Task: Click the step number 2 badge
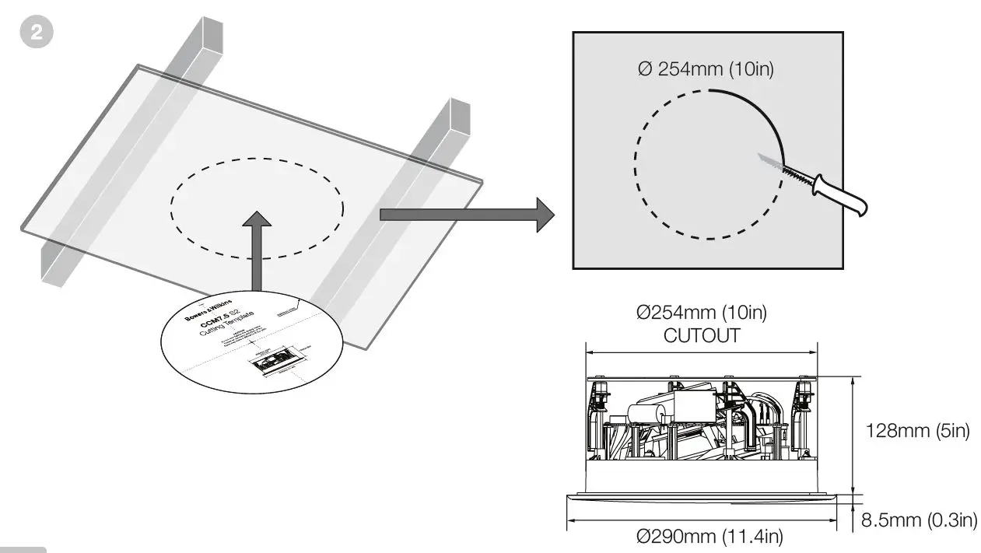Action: (x=36, y=35)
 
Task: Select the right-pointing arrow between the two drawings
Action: (x=467, y=214)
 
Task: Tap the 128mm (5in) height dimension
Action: (x=918, y=430)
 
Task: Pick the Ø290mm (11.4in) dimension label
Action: (x=709, y=536)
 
